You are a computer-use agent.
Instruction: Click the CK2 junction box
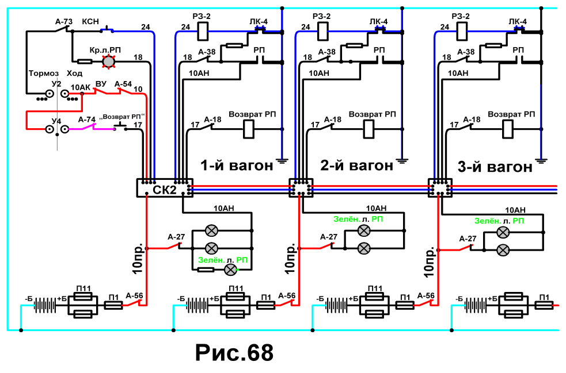[x=165, y=188]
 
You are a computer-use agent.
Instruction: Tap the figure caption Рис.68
[x=234, y=352]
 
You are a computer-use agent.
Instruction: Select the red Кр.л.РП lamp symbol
[x=108, y=61]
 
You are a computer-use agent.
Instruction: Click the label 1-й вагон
[x=237, y=166]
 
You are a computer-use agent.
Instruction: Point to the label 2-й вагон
[x=356, y=166]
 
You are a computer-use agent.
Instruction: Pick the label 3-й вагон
[x=495, y=167]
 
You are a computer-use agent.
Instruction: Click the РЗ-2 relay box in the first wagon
[x=203, y=32]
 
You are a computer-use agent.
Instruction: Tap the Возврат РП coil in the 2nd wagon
[x=369, y=129]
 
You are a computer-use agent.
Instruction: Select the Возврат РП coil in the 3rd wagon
[x=508, y=129]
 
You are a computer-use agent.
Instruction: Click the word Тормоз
[x=44, y=74]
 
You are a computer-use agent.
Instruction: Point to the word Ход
[x=74, y=74]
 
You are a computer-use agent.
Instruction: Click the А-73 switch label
[x=64, y=22]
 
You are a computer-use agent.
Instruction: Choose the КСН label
[x=90, y=22]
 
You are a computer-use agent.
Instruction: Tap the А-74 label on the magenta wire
[x=87, y=120]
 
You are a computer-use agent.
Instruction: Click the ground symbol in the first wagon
[x=282, y=161]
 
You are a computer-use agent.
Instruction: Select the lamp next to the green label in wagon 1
[x=231, y=270]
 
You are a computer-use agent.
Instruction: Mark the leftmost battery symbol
[x=45, y=306]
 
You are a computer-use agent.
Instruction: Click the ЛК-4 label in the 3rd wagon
[x=518, y=22]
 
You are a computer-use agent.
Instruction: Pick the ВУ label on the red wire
[x=101, y=83]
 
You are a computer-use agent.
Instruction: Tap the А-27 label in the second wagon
[x=329, y=237]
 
